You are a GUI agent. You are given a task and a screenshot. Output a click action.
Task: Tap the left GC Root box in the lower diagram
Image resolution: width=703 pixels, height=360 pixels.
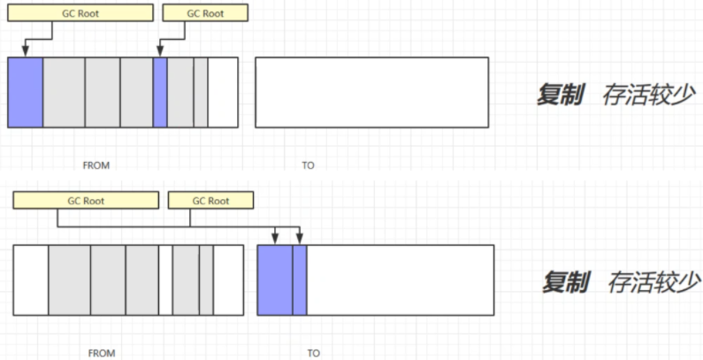[86, 201]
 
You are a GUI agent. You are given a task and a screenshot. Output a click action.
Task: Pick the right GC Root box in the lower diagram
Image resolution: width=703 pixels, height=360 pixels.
[210, 201]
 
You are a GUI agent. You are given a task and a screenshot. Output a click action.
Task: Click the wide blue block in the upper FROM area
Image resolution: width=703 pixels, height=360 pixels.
[25, 92]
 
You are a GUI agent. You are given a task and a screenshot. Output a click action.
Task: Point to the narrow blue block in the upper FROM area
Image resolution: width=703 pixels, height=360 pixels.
[160, 92]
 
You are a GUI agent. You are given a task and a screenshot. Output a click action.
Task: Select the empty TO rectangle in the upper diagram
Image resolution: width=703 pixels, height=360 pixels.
[372, 92]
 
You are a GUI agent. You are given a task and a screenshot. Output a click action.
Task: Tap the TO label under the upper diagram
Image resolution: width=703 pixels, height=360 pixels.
[308, 165]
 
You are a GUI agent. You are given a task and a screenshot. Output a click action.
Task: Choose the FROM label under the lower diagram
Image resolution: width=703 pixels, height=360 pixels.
[102, 353]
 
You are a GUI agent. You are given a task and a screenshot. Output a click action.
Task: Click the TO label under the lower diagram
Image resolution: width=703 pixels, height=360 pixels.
[313, 353]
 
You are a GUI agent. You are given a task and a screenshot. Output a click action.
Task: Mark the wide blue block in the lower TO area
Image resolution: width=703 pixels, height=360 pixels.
[274, 280]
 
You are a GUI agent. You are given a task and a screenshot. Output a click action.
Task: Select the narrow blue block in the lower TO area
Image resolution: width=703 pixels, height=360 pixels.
[299, 280]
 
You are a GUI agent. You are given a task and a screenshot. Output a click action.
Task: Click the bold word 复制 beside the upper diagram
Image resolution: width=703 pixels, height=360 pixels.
[559, 94]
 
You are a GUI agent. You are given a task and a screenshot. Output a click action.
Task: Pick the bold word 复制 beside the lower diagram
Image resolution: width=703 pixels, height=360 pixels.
[565, 282]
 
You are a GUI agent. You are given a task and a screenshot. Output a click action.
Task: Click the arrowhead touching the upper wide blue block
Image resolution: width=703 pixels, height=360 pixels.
[25, 53]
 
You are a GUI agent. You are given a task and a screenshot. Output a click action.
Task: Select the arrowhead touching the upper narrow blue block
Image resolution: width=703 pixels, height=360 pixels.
[160, 53]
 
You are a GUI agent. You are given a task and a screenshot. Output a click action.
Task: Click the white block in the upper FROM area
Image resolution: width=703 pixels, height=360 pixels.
[223, 92]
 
